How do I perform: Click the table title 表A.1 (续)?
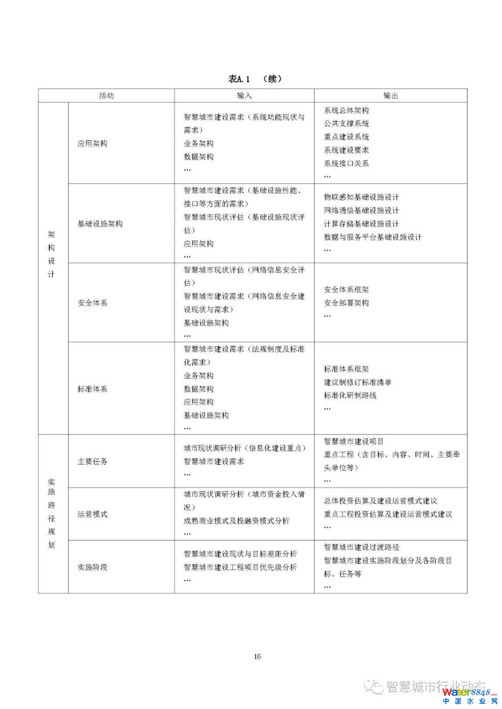(x=255, y=79)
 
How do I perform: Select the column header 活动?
(x=106, y=96)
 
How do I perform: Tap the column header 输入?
(x=244, y=96)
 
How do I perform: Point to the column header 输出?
(x=390, y=96)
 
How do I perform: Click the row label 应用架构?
(x=92, y=144)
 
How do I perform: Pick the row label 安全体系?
(x=92, y=303)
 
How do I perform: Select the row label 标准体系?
(x=92, y=389)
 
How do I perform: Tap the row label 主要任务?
(x=92, y=461)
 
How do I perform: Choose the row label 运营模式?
(x=92, y=514)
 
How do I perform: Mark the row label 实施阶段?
(x=92, y=567)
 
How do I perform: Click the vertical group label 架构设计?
(x=51, y=254)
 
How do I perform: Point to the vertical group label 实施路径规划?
(x=51, y=513)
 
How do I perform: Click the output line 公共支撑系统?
(x=346, y=124)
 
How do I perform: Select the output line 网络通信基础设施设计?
(x=361, y=210)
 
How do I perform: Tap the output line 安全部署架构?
(x=346, y=303)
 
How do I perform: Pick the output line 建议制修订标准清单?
(x=357, y=382)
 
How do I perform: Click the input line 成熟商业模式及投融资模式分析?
(x=236, y=521)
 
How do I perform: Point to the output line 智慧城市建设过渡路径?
(x=361, y=547)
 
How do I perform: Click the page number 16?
(x=258, y=656)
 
